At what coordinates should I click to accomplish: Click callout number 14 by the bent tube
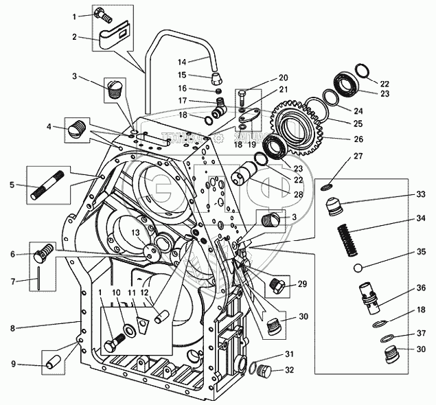182,62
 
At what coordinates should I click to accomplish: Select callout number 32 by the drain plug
289,369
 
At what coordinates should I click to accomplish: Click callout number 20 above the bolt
284,78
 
